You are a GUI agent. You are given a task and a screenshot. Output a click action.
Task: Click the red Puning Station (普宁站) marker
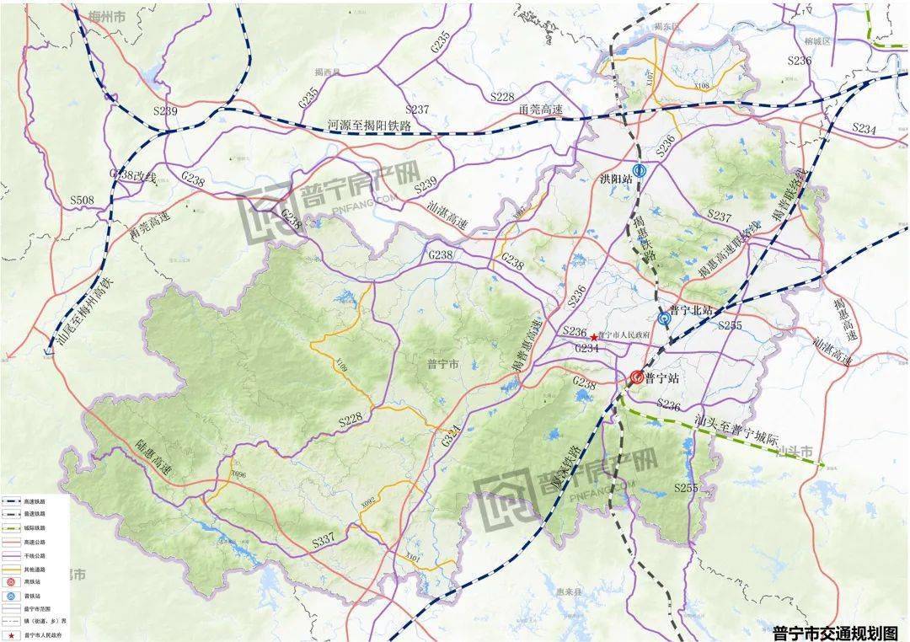click(637, 378)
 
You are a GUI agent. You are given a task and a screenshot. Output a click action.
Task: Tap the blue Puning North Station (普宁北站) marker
click(664, 318)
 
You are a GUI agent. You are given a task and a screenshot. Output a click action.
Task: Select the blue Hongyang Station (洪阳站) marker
click(640, 169)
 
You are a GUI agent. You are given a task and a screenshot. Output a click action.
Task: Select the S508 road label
click(82, 200)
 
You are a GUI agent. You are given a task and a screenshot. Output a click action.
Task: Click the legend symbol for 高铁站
click(12, 582)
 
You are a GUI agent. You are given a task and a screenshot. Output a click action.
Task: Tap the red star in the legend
click(12, 636)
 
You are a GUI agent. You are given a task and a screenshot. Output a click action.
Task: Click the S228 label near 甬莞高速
click(502, 97)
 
